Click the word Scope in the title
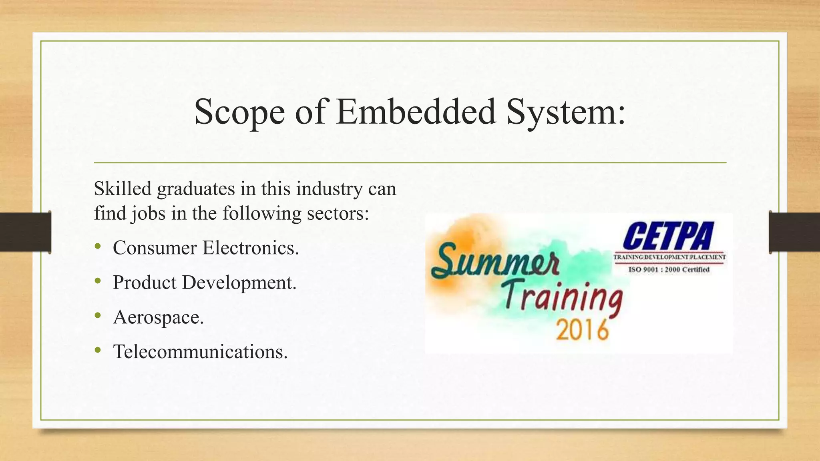point(239,112)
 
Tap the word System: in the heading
point(565,112)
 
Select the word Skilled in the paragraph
point(123,188)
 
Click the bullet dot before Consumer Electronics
point(98,247)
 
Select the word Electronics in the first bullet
point(251,248)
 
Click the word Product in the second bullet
point(145,283)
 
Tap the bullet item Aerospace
point(159,317)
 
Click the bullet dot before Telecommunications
point(98,351)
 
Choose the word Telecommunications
point(200,352)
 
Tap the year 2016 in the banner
point(583,330)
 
